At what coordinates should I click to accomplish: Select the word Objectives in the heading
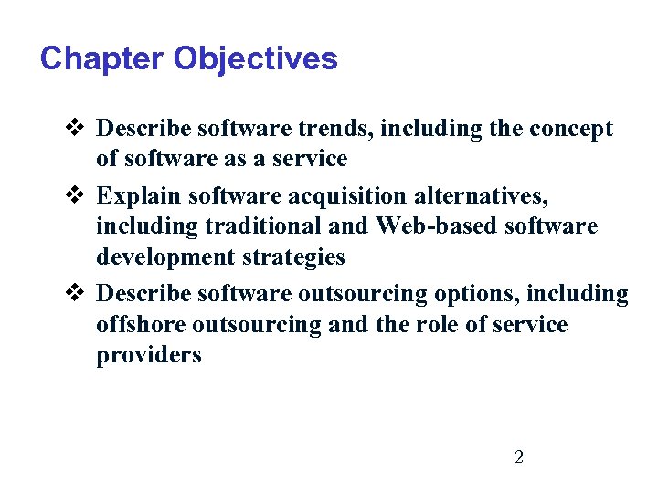[x=255, y=59]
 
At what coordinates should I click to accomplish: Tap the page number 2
[x=519, y=456]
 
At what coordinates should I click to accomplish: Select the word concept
[x=569, y=129]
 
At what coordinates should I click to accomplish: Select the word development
[x=158, y=257]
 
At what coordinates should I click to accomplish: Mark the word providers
[x=148, y=355]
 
